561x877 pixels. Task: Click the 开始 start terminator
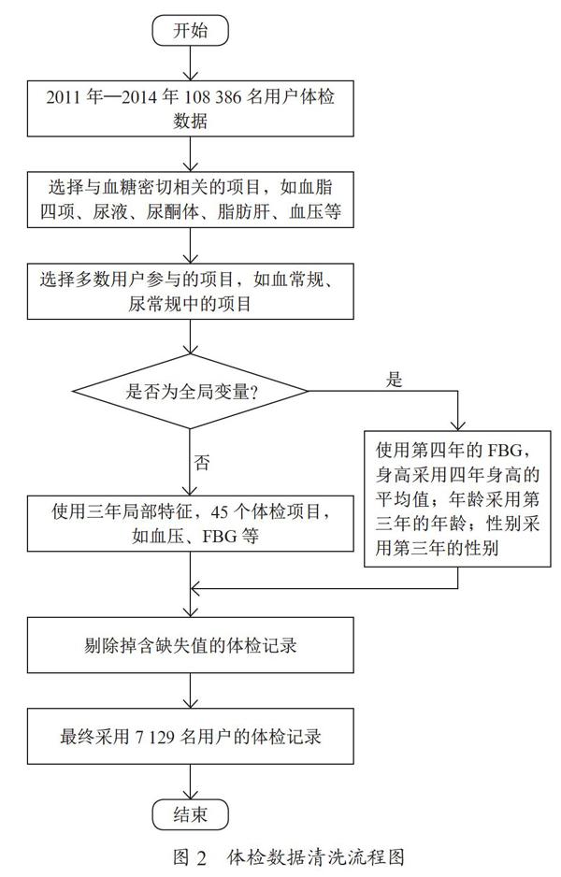190,30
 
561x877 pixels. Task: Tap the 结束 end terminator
190,815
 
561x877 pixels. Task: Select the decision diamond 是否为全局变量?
190,392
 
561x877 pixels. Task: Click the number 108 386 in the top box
211,97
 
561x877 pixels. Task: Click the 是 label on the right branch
395,381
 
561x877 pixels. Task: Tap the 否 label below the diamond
201,463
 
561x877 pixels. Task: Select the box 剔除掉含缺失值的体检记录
190,645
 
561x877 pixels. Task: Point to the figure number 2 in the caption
202,857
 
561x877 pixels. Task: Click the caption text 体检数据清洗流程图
316,856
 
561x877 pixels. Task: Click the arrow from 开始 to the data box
190,64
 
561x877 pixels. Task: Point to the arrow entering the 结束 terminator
190,782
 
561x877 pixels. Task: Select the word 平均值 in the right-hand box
402,499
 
